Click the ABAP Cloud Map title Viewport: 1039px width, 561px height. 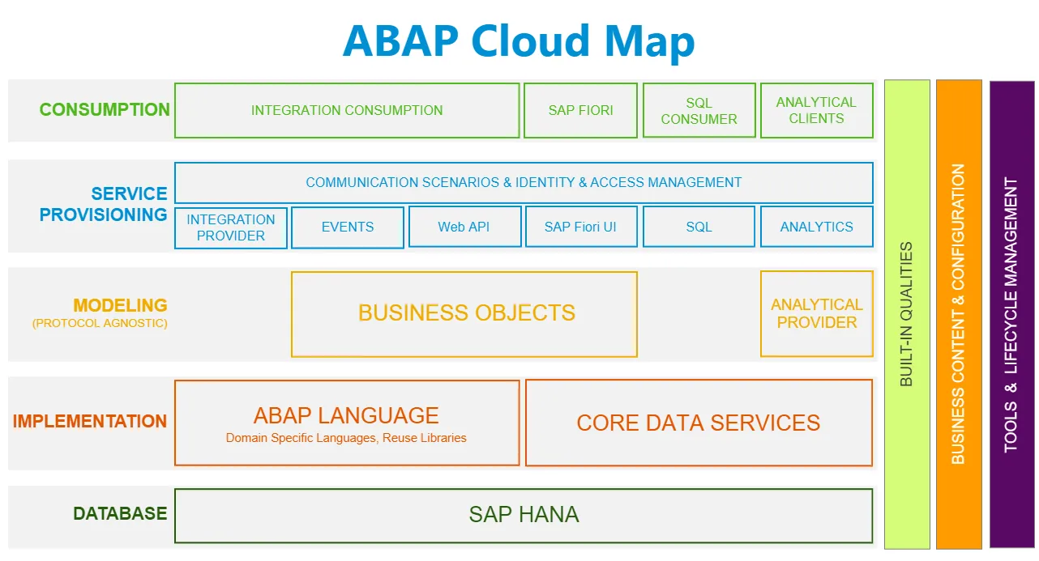(519, 40)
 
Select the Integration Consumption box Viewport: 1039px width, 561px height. (347, 111)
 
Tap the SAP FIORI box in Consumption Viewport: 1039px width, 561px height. (580, 111)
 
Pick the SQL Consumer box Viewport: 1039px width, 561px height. (699, 111)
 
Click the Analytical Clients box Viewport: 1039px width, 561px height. (816, 111)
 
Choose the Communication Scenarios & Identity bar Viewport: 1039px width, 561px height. (524, 183)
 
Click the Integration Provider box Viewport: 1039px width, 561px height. (231, 227)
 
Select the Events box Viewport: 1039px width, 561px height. (348, 227)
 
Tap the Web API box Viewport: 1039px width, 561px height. (464, 227)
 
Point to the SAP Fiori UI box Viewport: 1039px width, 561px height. (580, 227)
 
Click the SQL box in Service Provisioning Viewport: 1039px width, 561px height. (699, 227)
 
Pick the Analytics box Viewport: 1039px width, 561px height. (816, 227)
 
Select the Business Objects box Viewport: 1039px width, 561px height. (464, 314)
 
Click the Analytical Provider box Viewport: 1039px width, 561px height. (816, 314)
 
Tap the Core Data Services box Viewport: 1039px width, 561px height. (699, 423)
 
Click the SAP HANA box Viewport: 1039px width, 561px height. (524, 515)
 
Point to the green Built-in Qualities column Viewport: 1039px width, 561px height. (907, 314)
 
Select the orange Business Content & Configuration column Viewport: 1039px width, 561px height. (959, 314)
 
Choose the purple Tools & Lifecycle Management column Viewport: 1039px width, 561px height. (1011, 314)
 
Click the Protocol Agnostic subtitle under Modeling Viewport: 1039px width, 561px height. (100, 324)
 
